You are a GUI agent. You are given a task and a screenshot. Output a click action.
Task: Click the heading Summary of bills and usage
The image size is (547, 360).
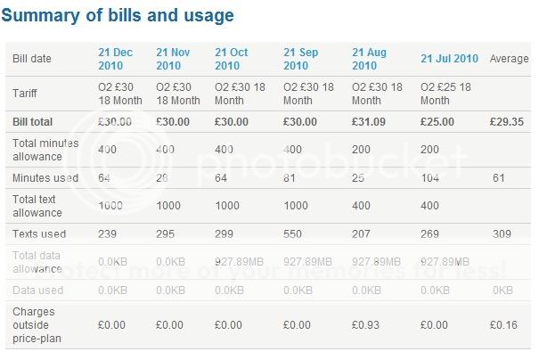(x=119, y=16)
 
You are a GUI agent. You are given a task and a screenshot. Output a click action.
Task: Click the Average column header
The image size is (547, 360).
(x=509, y=59)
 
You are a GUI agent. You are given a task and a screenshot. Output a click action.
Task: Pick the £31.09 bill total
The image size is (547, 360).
(x=369, y=121)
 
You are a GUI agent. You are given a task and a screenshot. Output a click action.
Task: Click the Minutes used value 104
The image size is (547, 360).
(x=429, y=178)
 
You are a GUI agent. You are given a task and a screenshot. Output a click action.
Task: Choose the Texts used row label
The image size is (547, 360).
(x=39, y=234)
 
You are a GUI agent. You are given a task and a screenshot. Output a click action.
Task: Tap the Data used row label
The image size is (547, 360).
(x=37, y=290)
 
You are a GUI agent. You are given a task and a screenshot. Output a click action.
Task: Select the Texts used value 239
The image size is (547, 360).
(x=108, y=234)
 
